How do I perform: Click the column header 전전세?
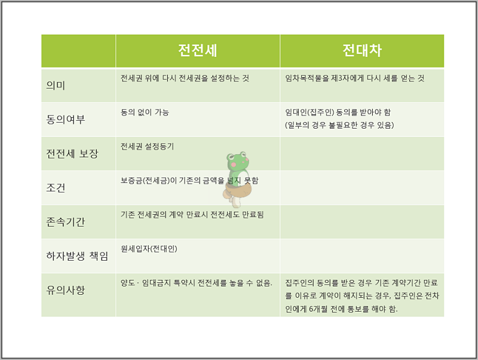pos(198,50)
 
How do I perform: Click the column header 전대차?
pos(362,50)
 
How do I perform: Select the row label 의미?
pos(56,86)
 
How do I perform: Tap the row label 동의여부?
pos(66,119)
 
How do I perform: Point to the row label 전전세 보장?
pos(72,154)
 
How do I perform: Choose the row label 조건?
pos(56,188)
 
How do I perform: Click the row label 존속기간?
pos(66,222)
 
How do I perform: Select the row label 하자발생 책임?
pos(77,256)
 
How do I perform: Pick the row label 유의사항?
pos(66,290)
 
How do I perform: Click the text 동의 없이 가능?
pos(145,112)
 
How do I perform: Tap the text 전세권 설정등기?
pos(147,147)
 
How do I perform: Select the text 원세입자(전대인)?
pos(149,249)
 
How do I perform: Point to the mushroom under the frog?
pos(237,194)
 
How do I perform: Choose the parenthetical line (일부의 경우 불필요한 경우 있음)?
pos(339,125)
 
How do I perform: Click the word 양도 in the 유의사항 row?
pos(128,283)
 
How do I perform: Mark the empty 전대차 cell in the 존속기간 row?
pos(362,222)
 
